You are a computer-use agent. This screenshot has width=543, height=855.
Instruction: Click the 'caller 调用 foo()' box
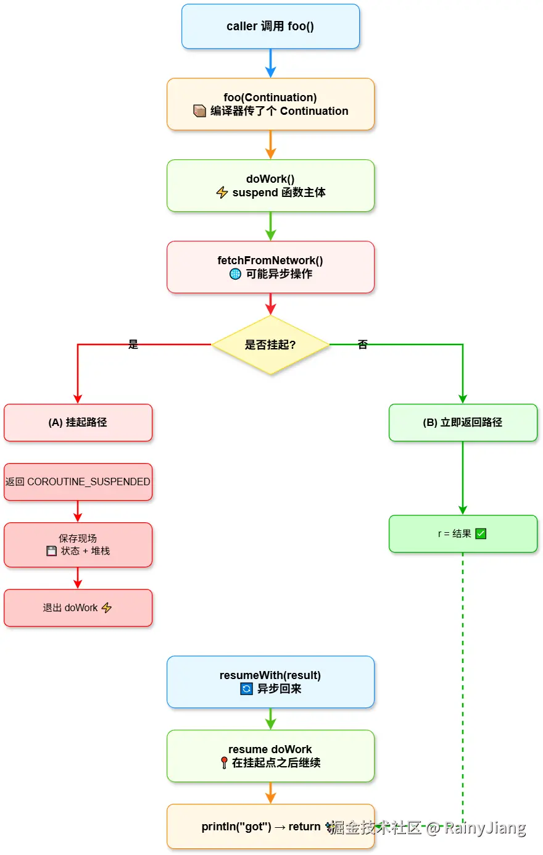point(270,27)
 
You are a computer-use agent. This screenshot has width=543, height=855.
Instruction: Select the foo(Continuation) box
point(270,104)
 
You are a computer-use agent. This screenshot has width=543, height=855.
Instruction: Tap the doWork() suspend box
point(270,186)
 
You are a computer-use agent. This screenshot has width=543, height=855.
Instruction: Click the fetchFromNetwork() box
point(270,267)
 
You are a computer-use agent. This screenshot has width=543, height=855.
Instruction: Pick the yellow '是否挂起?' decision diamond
point(270,344)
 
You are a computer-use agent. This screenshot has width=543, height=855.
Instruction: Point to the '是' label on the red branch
point(133,344)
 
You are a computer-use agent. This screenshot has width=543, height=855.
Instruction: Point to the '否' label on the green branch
point(363,344)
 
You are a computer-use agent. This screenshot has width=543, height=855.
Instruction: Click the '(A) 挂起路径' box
point(78,423)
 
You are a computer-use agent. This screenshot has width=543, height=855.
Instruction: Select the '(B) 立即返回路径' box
point(463,423)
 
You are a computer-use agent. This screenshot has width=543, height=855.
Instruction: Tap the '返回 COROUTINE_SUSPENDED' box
point(78,482)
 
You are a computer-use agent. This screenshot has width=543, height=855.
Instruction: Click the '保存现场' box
point(78,545)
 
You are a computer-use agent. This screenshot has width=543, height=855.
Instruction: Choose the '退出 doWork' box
point(78,608)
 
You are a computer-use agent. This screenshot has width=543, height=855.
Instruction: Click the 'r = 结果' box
point(463,534)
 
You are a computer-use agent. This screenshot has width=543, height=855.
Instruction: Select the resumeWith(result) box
point(270,682)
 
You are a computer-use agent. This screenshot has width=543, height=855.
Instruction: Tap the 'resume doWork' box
point(270,756)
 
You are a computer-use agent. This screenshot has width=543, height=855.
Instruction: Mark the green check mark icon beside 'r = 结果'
point(481,534)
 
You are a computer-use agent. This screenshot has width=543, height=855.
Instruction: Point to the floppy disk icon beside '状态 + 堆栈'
point(52,551)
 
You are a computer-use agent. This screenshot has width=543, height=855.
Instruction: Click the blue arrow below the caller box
point(270,64)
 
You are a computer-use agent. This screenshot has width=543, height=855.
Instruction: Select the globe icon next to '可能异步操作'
point(235,274)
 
